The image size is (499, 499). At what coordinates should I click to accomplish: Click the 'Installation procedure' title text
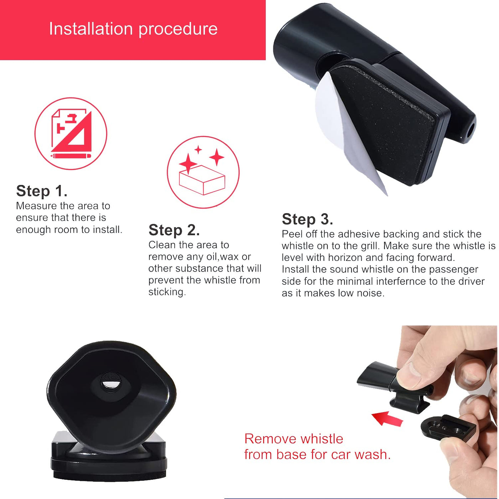pyautogui.click(x=133, y=29)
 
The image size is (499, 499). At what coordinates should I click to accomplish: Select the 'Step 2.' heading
pyautogui.click(x=174, y=230)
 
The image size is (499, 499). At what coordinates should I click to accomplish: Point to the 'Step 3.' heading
pyautogui.click(x=307, y=219)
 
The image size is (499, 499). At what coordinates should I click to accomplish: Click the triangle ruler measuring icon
pyautogui.click(x=71, y=133)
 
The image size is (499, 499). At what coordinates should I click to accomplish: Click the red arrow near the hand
pyautogui.click(x=387, y=419)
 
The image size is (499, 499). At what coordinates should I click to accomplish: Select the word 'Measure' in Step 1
pyautogui.click(x=36, y=206)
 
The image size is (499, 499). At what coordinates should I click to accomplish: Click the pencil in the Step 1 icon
pyautogui.click(x=71, y=156)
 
